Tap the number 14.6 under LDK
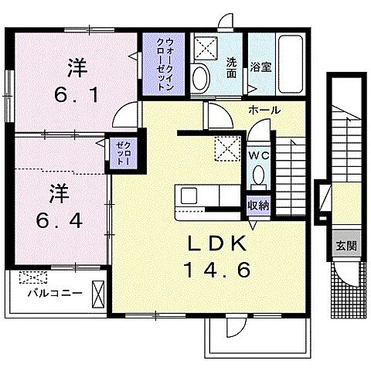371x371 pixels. point(218,272)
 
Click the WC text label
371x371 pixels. point(258,155)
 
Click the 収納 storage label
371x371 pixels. point(258,205)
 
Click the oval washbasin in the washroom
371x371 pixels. point(200,77)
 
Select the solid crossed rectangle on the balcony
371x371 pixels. point(98,294)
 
